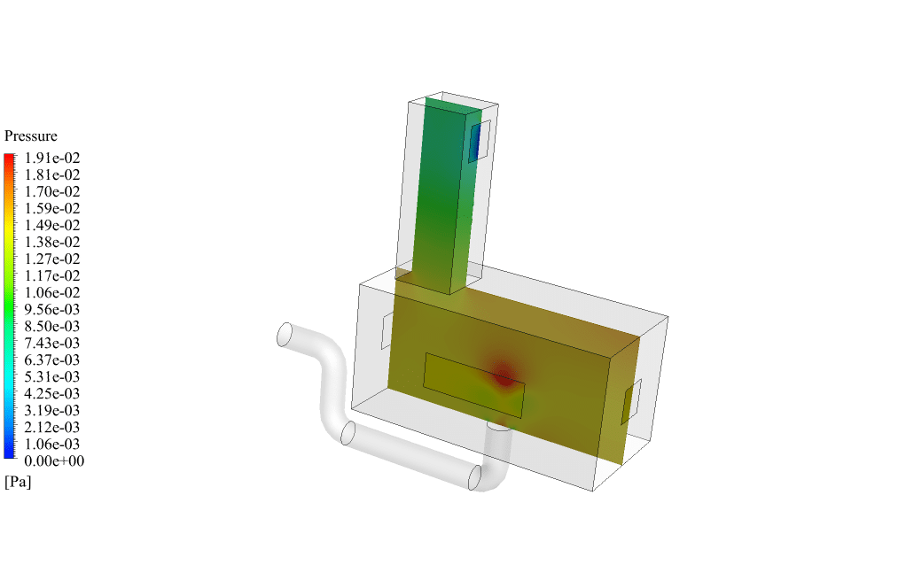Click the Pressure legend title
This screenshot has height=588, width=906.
point(31,135)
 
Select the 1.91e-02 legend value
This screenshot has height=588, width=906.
point(52,159)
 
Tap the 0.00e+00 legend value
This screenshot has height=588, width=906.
point(54,461)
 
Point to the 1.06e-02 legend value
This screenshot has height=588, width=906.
point(52,292)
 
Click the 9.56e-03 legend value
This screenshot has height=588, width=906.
point(52,309)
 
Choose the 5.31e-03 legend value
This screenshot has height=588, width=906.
point(52,377)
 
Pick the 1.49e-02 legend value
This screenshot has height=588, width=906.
point(52,225)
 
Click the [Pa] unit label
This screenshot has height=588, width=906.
point(18,482)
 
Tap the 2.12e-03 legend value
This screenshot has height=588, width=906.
point(52,427)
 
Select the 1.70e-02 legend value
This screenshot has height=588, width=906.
point(52,191)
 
